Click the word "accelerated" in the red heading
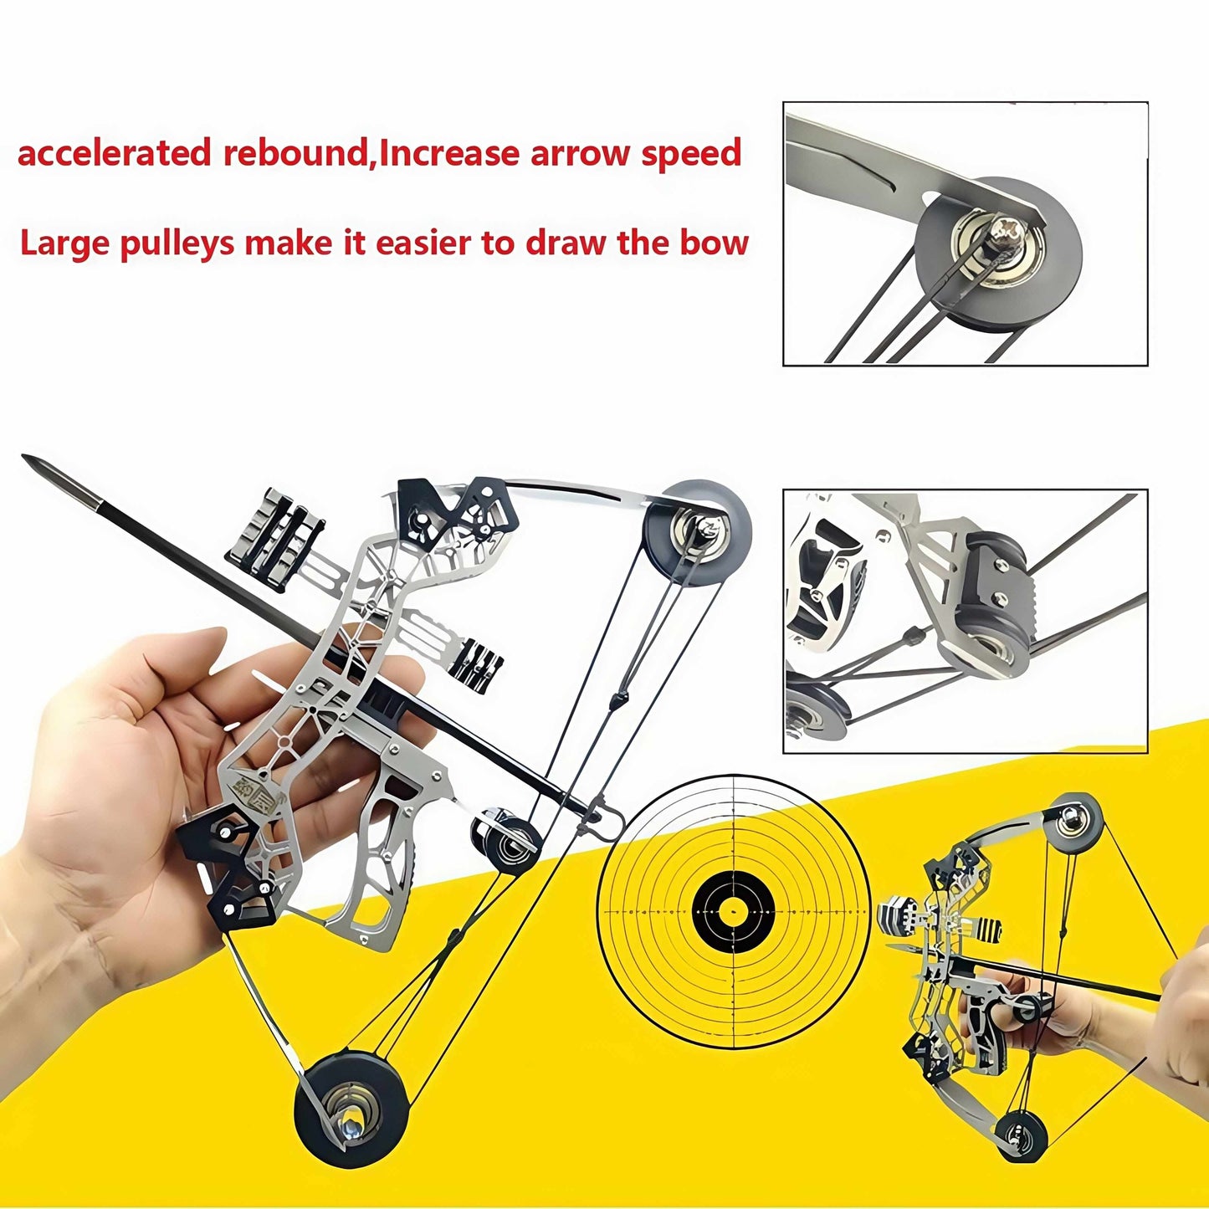114,154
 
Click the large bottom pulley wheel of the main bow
351,1109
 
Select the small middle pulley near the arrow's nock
505,841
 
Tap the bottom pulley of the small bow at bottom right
1021,1136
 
